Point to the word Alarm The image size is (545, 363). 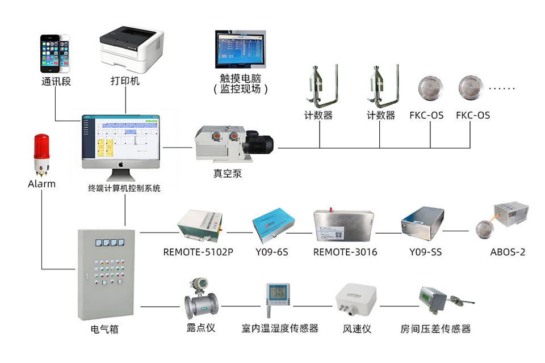point(42,184)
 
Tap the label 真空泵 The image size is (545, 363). point(228,174)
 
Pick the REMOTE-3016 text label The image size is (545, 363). point(345,252)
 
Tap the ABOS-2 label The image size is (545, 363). point(508,252)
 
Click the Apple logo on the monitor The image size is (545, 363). point(121,163)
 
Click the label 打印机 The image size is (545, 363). point(125,81)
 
